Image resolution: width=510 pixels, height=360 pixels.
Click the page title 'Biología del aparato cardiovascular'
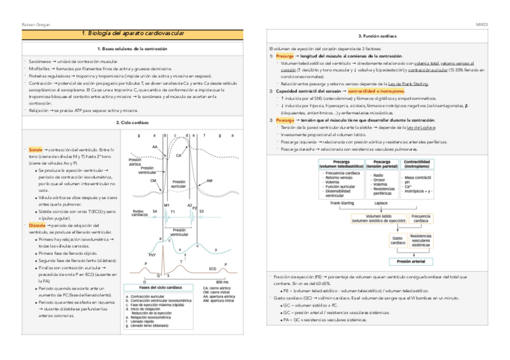point(132,34)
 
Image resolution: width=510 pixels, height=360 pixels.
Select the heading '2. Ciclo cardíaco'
point(132,123)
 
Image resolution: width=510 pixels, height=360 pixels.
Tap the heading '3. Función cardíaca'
point(376,37)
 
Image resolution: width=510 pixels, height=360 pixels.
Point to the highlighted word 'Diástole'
point(37,225)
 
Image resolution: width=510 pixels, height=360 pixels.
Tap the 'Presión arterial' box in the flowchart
point(407,261)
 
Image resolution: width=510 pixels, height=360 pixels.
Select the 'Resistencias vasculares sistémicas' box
point(420,241)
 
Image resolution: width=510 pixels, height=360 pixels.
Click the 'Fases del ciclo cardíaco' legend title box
point(161,287)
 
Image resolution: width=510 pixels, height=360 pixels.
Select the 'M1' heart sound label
point(167,205)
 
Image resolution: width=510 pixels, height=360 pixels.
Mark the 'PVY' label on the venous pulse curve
point(152,255)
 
